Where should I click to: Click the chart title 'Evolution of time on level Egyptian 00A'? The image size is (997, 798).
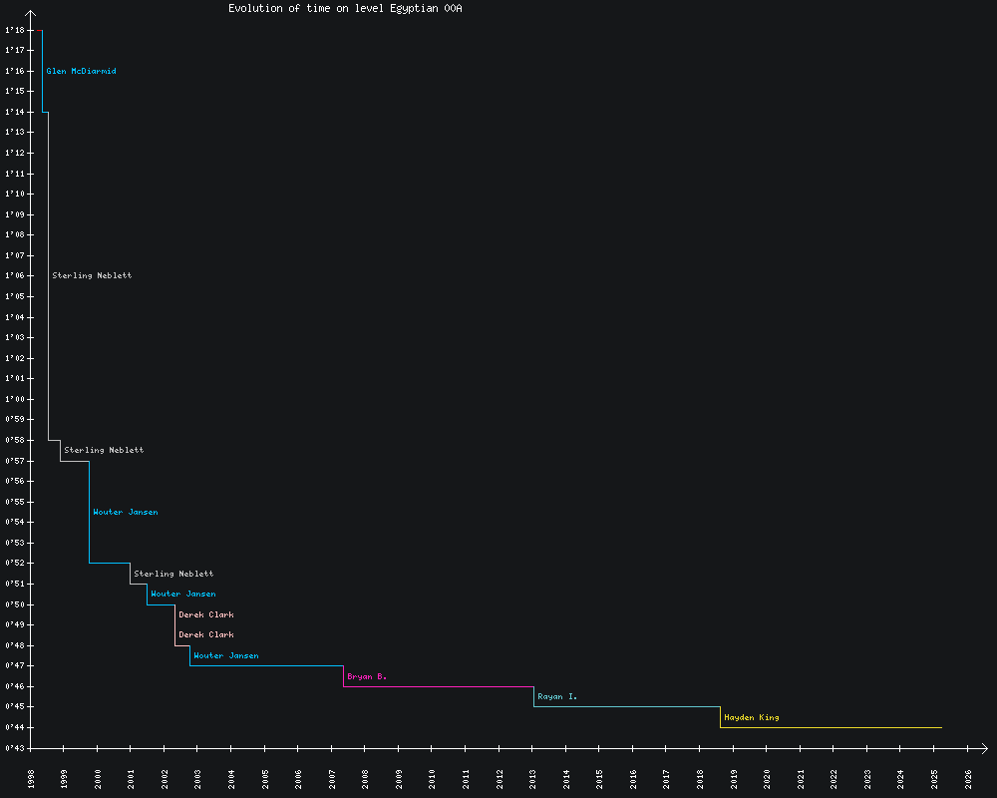click(345, 8)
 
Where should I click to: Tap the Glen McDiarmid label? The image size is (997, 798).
click(81, 71)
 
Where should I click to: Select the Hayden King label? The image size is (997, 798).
click(752, 717)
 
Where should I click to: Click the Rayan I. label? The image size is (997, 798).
click(556, 696)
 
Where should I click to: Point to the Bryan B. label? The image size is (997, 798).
click(366, 676)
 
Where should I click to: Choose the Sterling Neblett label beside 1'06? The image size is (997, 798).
click(92, 275)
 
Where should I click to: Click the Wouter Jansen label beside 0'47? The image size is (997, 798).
click(225, 655)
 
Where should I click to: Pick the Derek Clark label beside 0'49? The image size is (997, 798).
click(206, 614)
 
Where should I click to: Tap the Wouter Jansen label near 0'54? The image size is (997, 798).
click(125, 512)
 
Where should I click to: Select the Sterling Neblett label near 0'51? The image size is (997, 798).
click(173, 574)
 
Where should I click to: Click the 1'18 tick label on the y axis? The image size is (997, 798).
click(14, 30)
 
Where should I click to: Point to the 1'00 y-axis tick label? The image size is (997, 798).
click(14, 399)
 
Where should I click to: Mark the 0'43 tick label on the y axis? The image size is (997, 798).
click(14, 748)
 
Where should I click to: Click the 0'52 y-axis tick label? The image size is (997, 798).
click(14, 564)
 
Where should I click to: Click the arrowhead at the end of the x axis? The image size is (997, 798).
click(984, 748)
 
